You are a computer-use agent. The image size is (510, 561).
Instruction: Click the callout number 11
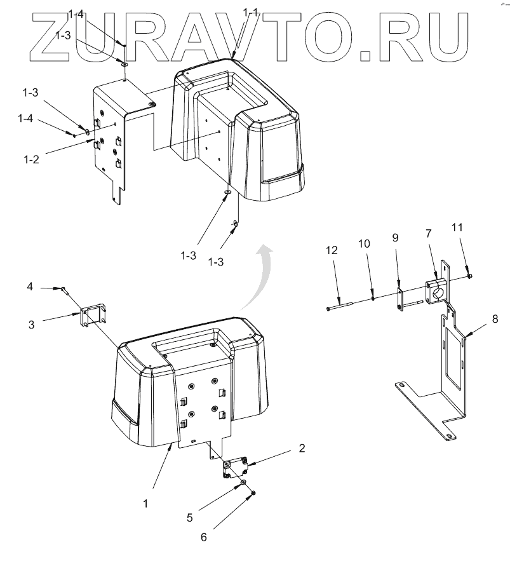point(458,227)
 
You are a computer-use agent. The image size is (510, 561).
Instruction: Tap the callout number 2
point(302,447)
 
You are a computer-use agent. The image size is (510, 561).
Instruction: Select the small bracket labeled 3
point(94,316)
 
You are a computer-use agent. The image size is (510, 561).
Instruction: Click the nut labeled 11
point(468,274)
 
